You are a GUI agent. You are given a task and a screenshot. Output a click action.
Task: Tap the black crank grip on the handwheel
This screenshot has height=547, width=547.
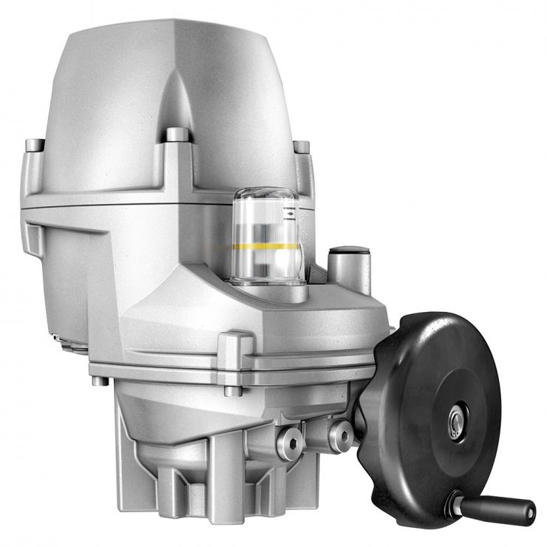(x=509, y=509)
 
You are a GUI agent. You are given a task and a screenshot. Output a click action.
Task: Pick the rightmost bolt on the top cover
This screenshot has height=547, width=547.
(x=302, y=147)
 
